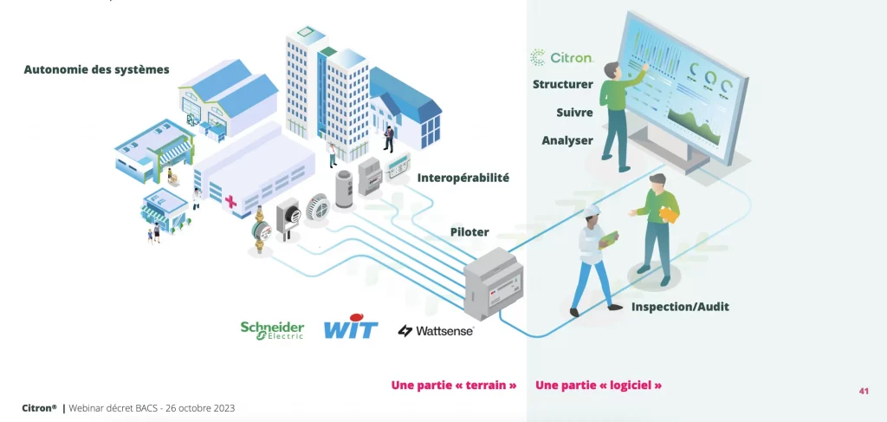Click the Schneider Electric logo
(x=272, y=329)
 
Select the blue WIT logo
(x=350, y=329)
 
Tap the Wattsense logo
(x=436, y=330)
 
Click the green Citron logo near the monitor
(x=561, y=58)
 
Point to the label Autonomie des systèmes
(x=97, y=69)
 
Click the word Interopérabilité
(x=463, y=178)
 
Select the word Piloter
(x=469, y=231)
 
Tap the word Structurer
(x=563, y=84)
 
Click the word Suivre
(x=574, y=113)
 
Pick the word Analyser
(x=567, y=140)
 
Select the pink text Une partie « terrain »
(x=454, y=385)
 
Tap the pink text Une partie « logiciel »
(x=599, y=385)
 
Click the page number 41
(x=863, y=391)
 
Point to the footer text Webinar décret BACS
(x=152, y=407)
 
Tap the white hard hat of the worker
(x=592, y=211)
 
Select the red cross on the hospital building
(x=230, y=202)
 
